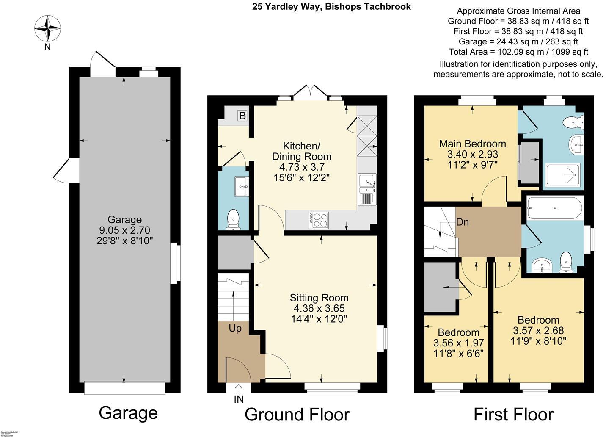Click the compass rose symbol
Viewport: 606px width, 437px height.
tap(47, 28)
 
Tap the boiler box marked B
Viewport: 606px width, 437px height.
tap(242, 116)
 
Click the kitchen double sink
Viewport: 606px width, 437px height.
tap(367, 189)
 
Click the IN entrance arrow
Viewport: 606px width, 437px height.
tap(238, 388)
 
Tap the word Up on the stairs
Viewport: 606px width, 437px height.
tap(235, 328)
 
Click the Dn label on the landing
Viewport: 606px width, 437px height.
tap(462, 222)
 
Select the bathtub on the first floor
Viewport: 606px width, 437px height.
tap(554, 208)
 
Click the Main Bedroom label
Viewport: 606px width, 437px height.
tap(472, 144)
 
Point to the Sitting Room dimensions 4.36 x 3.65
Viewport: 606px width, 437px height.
tap(319, 308)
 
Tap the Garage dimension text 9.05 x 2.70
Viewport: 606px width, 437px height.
tap(124, 230)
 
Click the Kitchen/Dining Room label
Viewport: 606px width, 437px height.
tap(301, 151)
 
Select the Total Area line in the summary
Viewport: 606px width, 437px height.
tap(518, 52)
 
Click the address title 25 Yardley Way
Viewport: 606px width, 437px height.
tap(331, 6)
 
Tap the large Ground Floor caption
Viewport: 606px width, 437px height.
tap(297, 415)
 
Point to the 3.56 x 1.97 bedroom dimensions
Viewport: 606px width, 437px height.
tap(458, 343)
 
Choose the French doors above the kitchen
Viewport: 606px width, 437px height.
tap(310, 92)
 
